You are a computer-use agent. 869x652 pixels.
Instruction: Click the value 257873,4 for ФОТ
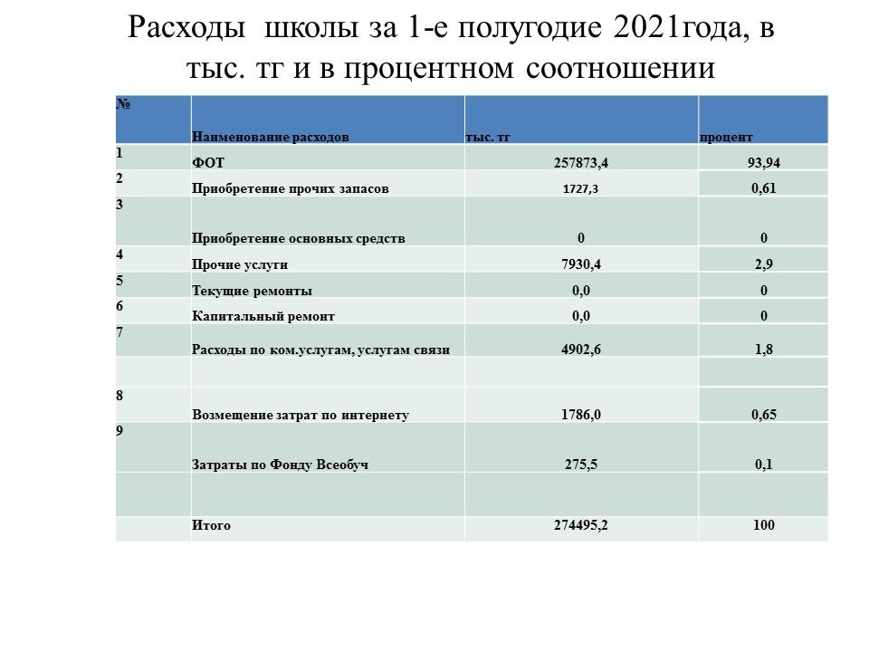tap(581, 163)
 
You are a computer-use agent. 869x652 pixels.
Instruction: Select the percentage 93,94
tap(763, 163)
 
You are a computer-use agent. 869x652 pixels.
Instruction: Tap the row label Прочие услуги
tap(240, 264)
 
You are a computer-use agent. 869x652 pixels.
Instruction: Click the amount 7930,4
tap(581, 264)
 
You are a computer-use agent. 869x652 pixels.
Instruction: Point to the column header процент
tap(726, 137)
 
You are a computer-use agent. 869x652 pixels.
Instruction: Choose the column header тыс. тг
tap(488, 137)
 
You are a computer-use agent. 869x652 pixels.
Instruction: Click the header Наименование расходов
tap(270, 137)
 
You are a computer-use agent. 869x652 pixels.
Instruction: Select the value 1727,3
tap(581, 189)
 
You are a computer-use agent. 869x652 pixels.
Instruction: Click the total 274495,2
tap(581, 525)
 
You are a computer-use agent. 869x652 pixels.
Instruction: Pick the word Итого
tap(211, 525)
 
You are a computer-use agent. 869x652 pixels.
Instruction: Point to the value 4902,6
tap(581, 350)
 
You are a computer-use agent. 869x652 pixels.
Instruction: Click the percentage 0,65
tap(764, 415)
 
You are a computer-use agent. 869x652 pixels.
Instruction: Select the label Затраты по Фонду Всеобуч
tap(280, 465)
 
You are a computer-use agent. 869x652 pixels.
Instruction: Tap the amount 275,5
tap(581, 465)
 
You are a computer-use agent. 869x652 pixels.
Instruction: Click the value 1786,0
tap(581, 415)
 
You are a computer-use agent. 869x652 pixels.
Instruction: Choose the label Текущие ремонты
tap(252, 291)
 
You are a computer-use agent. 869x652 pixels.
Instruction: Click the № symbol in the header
tap(123, 104)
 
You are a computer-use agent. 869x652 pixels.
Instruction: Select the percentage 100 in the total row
tap(764, 525)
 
